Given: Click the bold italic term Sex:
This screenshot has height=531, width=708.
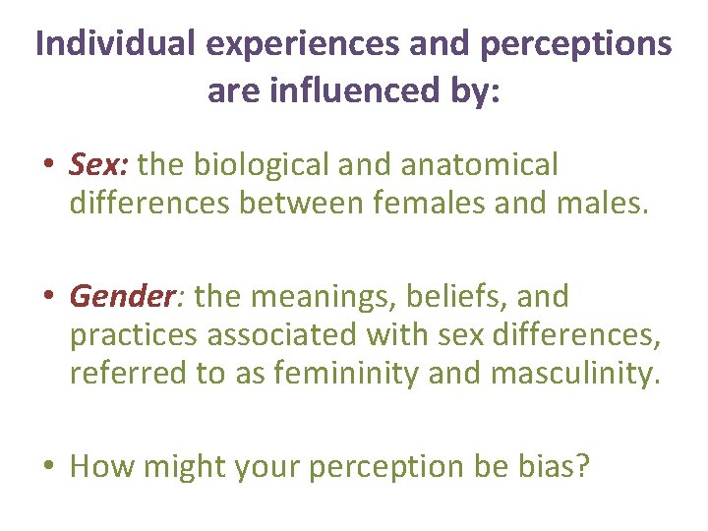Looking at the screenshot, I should coord(99,165).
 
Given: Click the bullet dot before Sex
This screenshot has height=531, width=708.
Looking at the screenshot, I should coord(49,166).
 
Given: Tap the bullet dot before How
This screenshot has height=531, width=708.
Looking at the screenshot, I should coord(49,466).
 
